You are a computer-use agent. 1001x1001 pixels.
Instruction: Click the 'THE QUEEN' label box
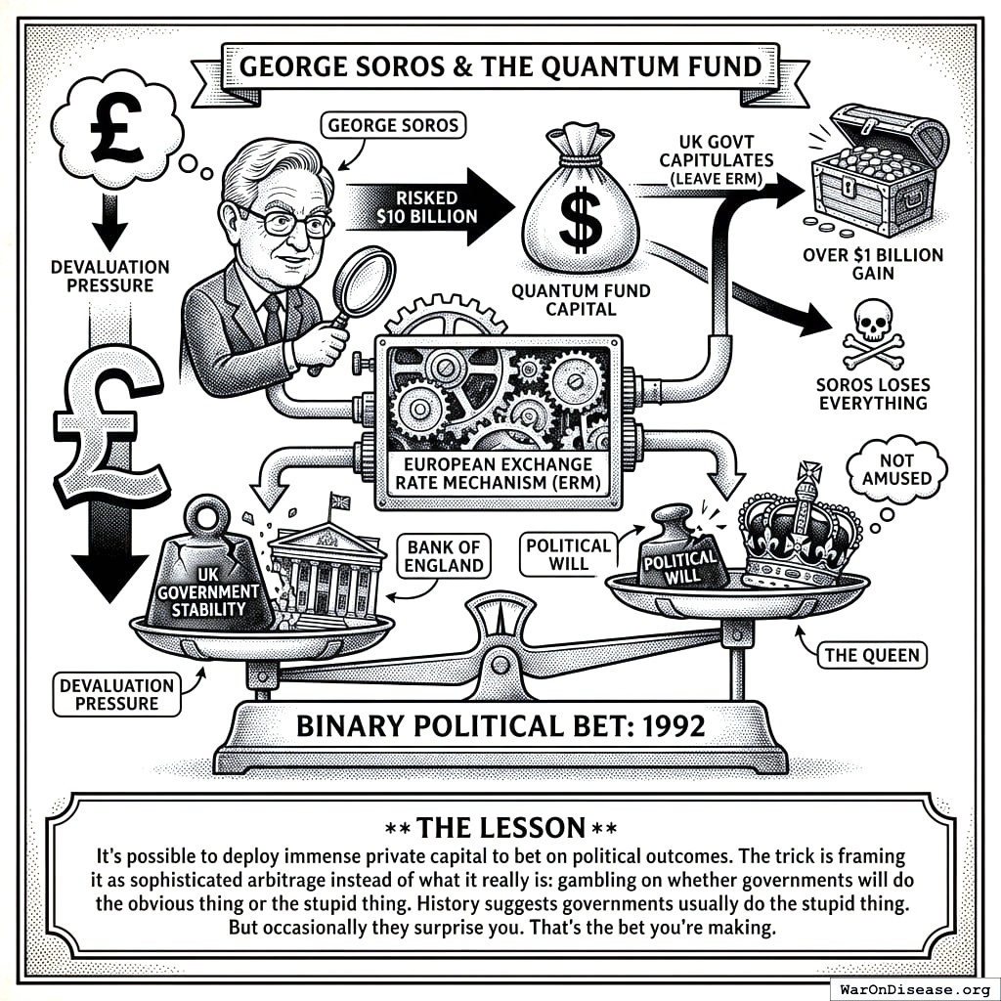pos(873,654)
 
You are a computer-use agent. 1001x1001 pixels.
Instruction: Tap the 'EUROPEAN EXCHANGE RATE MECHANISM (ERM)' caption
pos(500,473)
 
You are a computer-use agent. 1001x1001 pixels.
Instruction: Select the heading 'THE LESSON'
pos(500,827)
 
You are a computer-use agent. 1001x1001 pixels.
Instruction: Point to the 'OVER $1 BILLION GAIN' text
pos(874,264)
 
